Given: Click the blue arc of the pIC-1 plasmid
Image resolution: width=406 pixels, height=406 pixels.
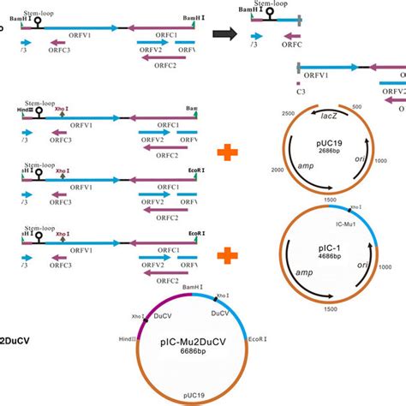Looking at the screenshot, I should pyautogui.click(x=360, y=221).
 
